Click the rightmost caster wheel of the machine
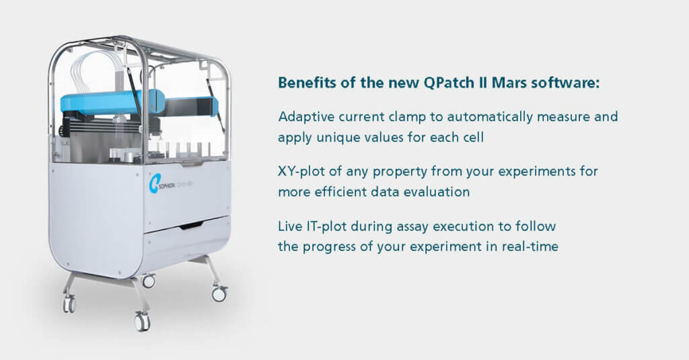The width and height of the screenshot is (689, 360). pyautogui.click(x=219, y=293)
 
